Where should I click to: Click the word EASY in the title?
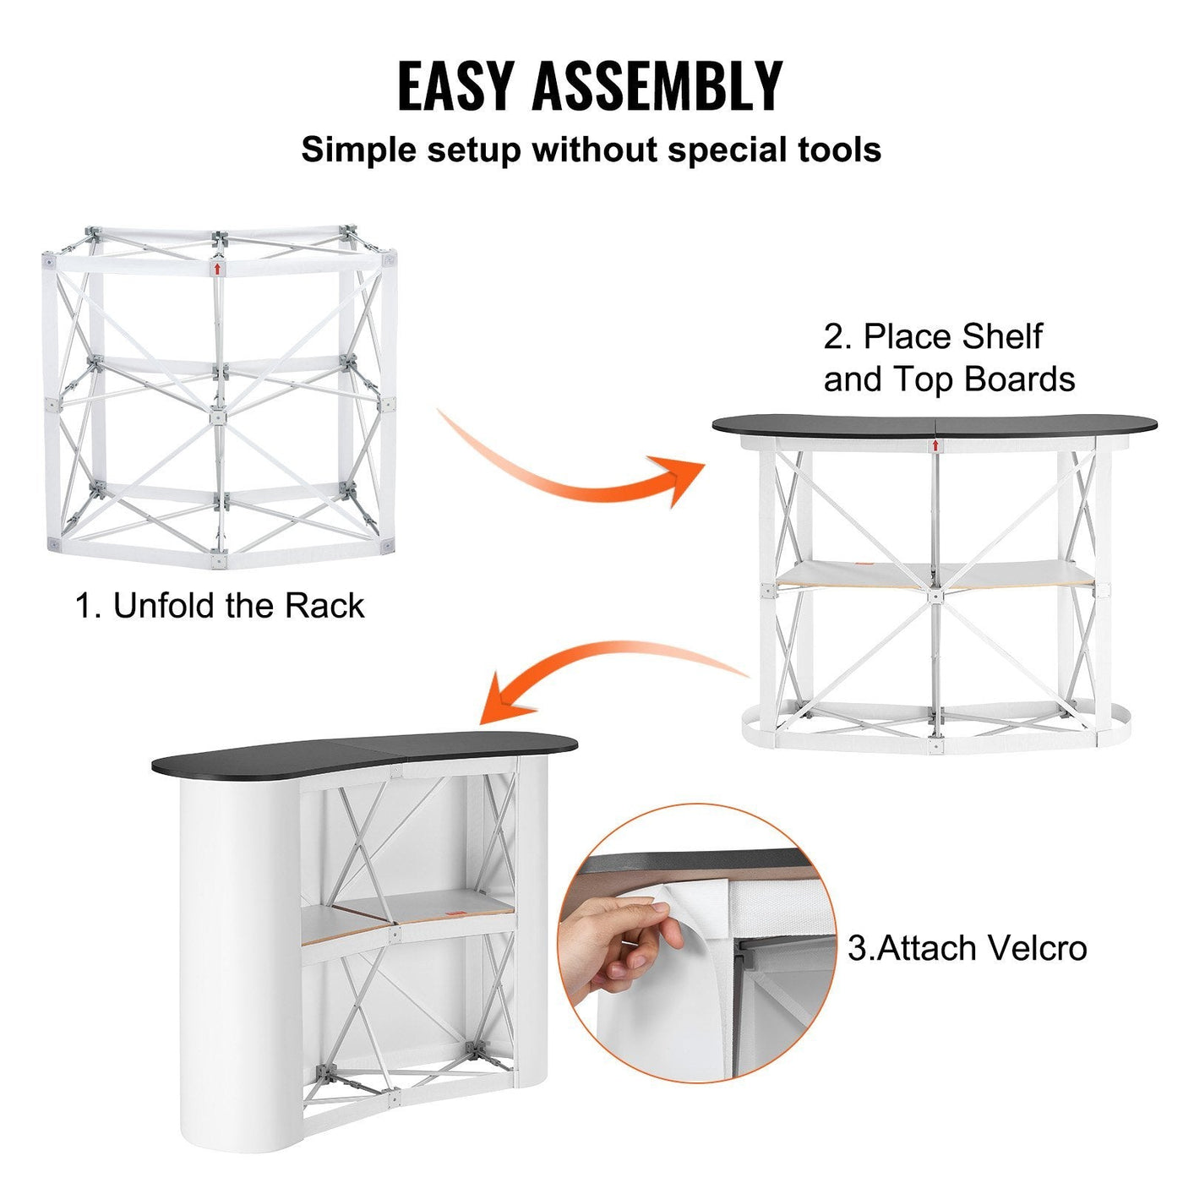(x=455, y=85)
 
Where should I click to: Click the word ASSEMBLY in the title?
(x=657, y=85)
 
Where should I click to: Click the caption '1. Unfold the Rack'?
(x=220, y=606)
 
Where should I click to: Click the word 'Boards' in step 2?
(x=1022, y=379)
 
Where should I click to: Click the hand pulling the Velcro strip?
(x=621, y=938)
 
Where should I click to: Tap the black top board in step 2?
(x=929, y=425)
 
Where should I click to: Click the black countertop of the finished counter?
(x=363, y=752)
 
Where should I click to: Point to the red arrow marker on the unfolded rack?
(x=217, y=269)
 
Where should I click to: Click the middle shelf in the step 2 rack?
(x=929, y=575)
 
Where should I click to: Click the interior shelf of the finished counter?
(x=406, y=913)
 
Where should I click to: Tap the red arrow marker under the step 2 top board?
(x=935, y=444)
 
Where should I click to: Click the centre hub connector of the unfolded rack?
(x=218, y=417)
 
